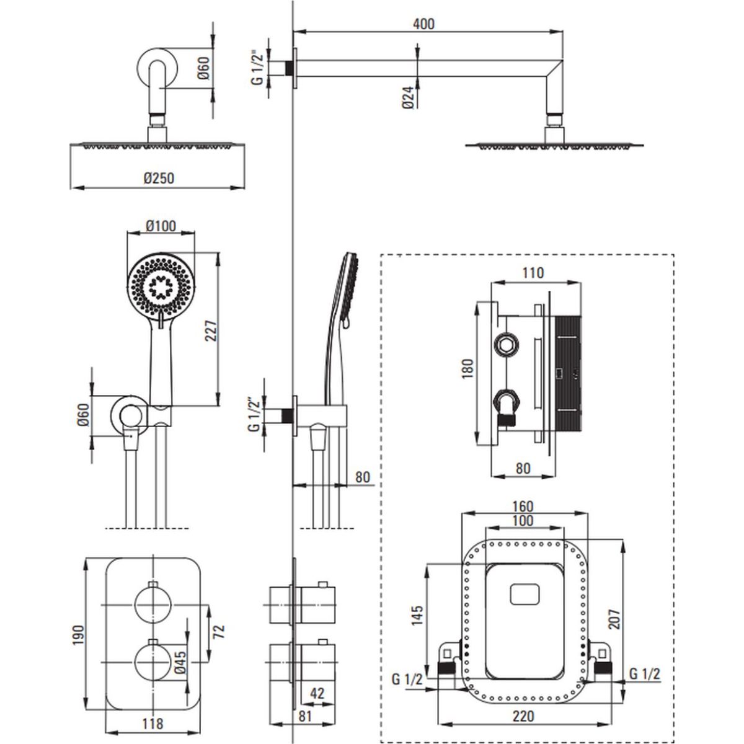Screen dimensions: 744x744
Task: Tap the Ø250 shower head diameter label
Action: click(x=159, y=178)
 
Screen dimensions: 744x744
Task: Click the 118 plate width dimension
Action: click(x=153, y=723)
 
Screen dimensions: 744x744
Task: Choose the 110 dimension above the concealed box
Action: click(x=533, y=272)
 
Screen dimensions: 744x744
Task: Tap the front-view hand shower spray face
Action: click(x=160, y=286)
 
